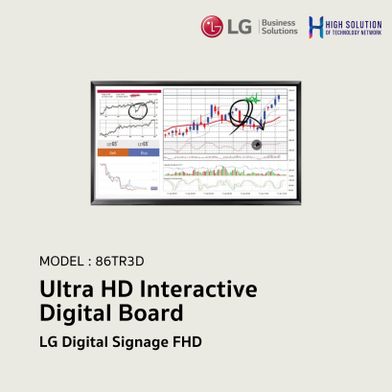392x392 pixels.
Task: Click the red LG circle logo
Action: pyautogui.click(x=213, y=26)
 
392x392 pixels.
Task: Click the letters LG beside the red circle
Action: pyautogui.click(x=240, y=26)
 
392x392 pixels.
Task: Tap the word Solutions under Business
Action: pyautogui.click(x=280, y=32)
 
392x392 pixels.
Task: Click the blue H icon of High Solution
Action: pyautogui.click(x=315, y=27)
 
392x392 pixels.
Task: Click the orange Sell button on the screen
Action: pyautogui.click(x=111, y=152)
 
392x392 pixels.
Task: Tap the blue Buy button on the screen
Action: pyautogui.click(x=145, y=152)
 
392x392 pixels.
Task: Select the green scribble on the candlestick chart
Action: pyautogui.click(x=252, y=99)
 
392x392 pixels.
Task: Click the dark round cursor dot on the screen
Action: pyautogui.click(x=256, y=145)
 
